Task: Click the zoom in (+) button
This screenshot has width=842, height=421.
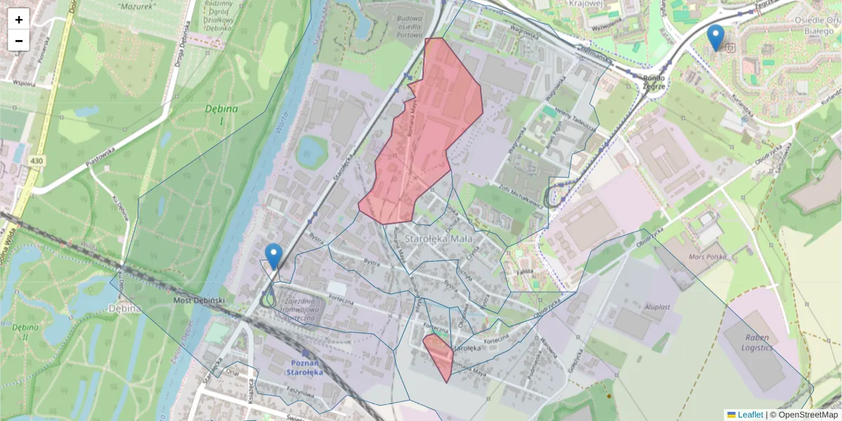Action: (x=19, y=19)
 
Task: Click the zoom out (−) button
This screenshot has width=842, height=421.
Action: (x=19, y=40)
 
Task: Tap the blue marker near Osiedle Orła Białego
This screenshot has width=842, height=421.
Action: (x=716, y=37)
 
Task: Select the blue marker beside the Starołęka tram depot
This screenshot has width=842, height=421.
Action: (x=274, y=256)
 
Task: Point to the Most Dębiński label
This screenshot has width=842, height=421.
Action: (x=199, y=300)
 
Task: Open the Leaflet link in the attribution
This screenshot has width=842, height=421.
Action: (x=749, y=415)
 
